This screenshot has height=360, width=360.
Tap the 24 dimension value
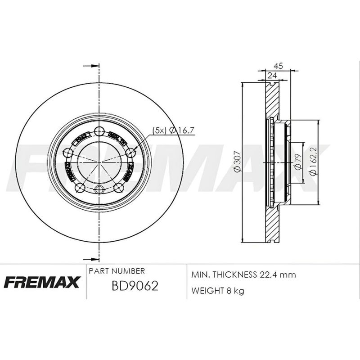271,76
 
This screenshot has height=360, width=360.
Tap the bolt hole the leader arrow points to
130,153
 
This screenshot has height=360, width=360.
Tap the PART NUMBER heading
117,271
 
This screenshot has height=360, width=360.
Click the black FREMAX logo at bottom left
42,282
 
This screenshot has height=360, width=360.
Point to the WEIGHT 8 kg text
218,291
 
